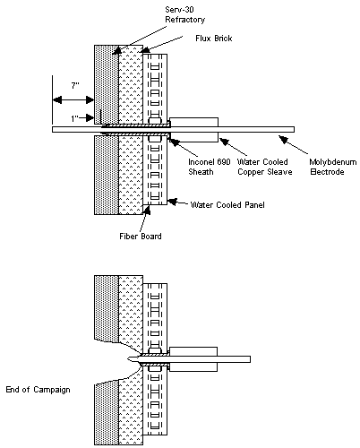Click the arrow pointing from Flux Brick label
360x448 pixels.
coord(158,45)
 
